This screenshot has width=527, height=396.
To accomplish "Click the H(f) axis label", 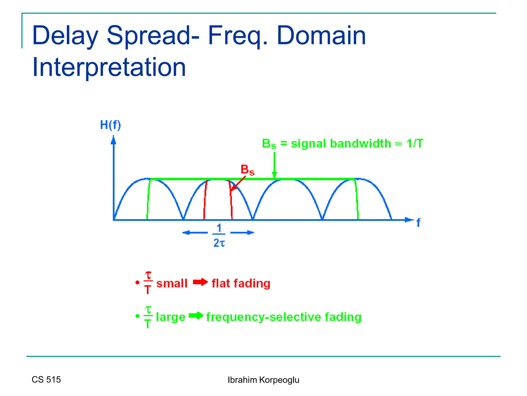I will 110,125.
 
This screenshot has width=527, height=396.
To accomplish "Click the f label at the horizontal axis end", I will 418,222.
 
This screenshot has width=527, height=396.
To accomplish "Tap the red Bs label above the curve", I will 247,170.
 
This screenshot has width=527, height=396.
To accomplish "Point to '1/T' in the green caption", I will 415,144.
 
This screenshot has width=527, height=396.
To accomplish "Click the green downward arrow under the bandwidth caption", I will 274,165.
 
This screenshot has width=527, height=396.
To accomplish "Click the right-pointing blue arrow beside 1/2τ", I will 242,233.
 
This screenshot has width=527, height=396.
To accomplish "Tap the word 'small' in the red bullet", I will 172,283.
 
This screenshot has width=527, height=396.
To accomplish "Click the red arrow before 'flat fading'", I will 200,282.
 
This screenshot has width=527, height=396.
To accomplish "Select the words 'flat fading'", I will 241,283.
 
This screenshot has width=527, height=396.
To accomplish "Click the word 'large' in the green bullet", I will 171,317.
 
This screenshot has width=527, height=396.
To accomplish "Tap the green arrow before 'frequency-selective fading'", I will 196,316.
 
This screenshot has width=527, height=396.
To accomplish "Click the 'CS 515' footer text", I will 46,379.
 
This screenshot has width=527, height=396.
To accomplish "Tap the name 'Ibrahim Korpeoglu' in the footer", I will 263,380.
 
